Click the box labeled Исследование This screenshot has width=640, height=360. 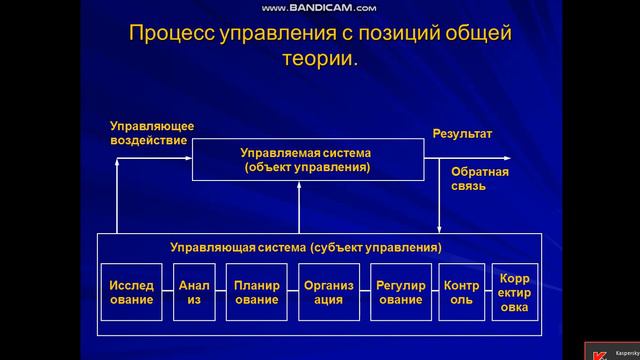pyautogui.click(x=131, y=291)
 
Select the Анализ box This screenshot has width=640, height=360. pyautogui.click(x=195, y=291)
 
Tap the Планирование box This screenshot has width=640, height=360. pyautogui.click(x=257, y=291)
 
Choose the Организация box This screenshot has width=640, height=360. pyautogui.click(x=329, y=291)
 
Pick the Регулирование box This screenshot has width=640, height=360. pyautogui.click(x=401, y=291)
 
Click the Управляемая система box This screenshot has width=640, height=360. pyautogui.click(x=306, y=160)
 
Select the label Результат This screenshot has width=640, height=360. pyautogui.click(x=462, y=133)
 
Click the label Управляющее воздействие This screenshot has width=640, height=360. pyautogui.click(x=151, y=133)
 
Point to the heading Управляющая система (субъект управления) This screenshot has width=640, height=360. pyautogui.click(x=306, y=246)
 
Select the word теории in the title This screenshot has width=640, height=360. pyautogui.click(x=320, y=60)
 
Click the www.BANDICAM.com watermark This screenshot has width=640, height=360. pyautogui.click(x=318, y=8)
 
